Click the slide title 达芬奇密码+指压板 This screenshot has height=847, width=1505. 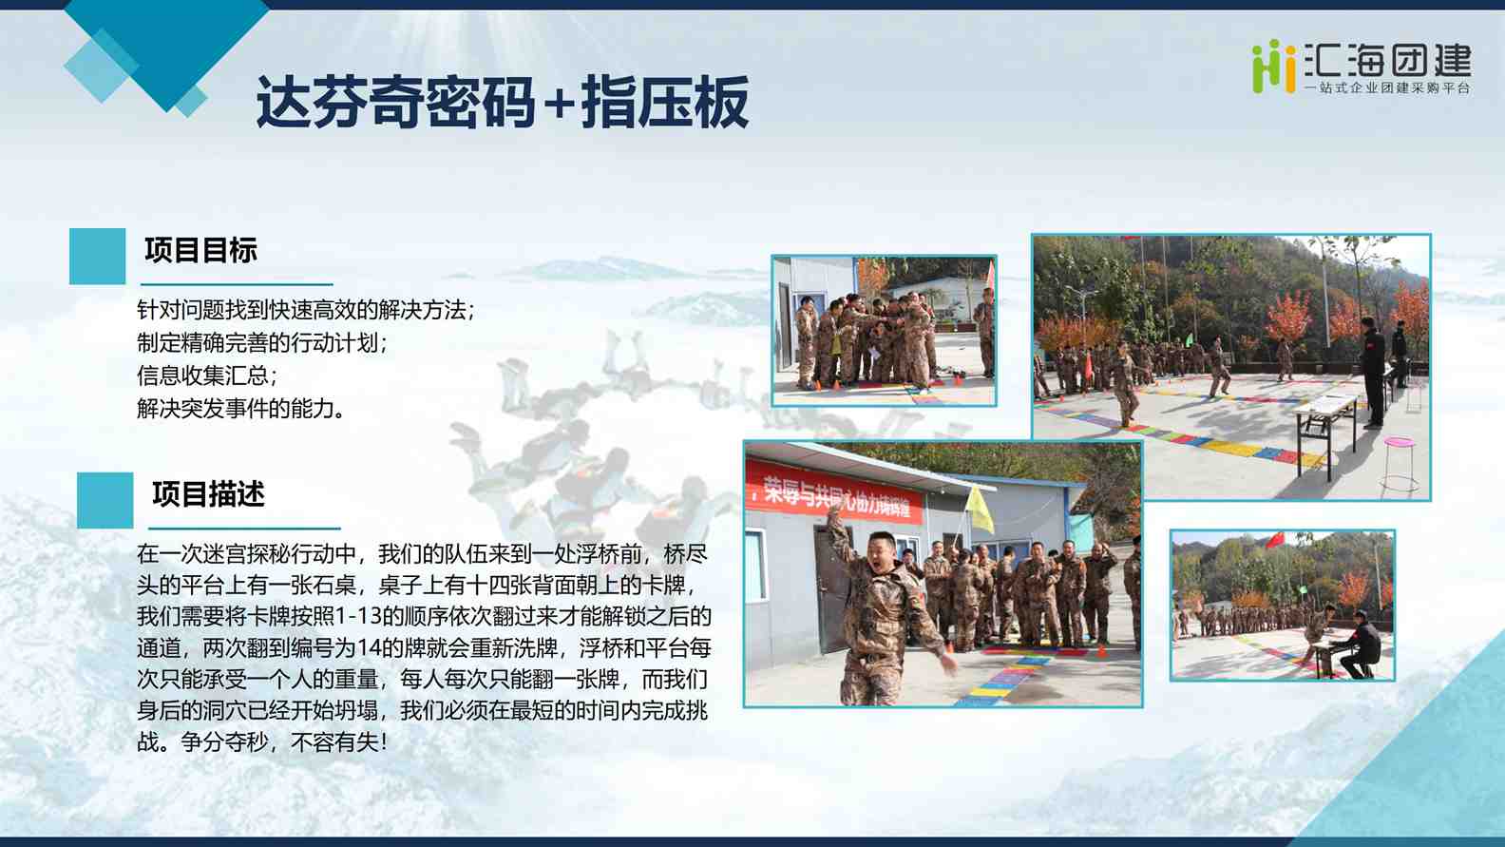pos(503,102)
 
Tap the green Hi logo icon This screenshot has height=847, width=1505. pos(1273,66)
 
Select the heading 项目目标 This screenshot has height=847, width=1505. pos(200,250)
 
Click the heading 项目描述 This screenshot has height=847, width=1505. pos(208,494)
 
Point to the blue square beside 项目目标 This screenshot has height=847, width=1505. pos(98,256)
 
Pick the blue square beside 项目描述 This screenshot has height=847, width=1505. pos(105,500)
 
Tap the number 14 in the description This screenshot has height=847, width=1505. pos(370,648)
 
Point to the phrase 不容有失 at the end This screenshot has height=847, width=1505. pos(335,742)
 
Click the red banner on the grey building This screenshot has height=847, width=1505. pos(835,494)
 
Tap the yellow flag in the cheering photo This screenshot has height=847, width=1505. pos(979,510)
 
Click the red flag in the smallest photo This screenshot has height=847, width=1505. pos(1274,540)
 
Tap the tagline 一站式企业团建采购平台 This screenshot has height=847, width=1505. pos(1387,88)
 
